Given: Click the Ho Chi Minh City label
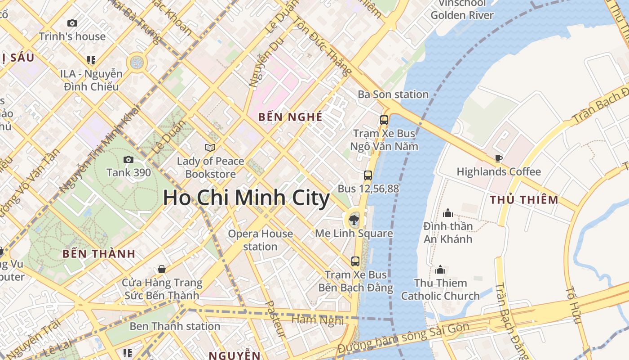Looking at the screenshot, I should point(246,198).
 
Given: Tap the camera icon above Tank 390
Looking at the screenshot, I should point(128,159).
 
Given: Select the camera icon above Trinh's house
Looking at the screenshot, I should point(72,23).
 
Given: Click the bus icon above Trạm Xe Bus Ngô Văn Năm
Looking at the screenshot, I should point(384,120).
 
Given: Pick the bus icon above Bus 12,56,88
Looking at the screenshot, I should point(368,175).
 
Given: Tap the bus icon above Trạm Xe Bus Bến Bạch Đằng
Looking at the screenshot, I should point(355,261).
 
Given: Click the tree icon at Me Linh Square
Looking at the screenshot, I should point(354,220).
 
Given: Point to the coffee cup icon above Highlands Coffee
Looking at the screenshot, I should point(498,158).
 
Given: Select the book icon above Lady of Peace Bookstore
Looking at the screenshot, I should point(210,148).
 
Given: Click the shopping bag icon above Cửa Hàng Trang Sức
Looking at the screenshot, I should point(162,269).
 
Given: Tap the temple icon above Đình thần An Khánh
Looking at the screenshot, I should point(447,213).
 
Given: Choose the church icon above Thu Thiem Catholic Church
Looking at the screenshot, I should point(440,270).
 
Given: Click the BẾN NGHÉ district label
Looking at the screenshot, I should point(290,117).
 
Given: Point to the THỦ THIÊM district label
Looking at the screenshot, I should point(524,200).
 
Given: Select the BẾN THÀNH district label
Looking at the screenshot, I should point(99,253).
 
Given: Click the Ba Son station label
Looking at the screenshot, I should point(393,94).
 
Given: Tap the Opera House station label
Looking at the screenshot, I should point(260,240).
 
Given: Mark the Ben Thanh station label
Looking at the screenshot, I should point(175,326).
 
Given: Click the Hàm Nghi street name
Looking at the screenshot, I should point(318,320).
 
